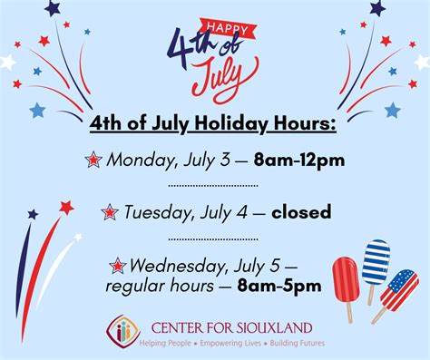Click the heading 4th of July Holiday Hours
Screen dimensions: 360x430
click(213, 123)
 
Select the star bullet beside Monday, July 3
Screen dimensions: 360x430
click(93, 160)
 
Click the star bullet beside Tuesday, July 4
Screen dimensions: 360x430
click(110, 212)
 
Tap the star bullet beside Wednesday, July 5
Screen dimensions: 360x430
click(117, 266)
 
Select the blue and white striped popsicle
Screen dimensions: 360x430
click(375, 263)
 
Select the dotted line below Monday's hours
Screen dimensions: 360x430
click(213, 186)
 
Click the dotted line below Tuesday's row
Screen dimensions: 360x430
click(213, 239)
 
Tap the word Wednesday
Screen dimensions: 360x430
click(173, 266)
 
